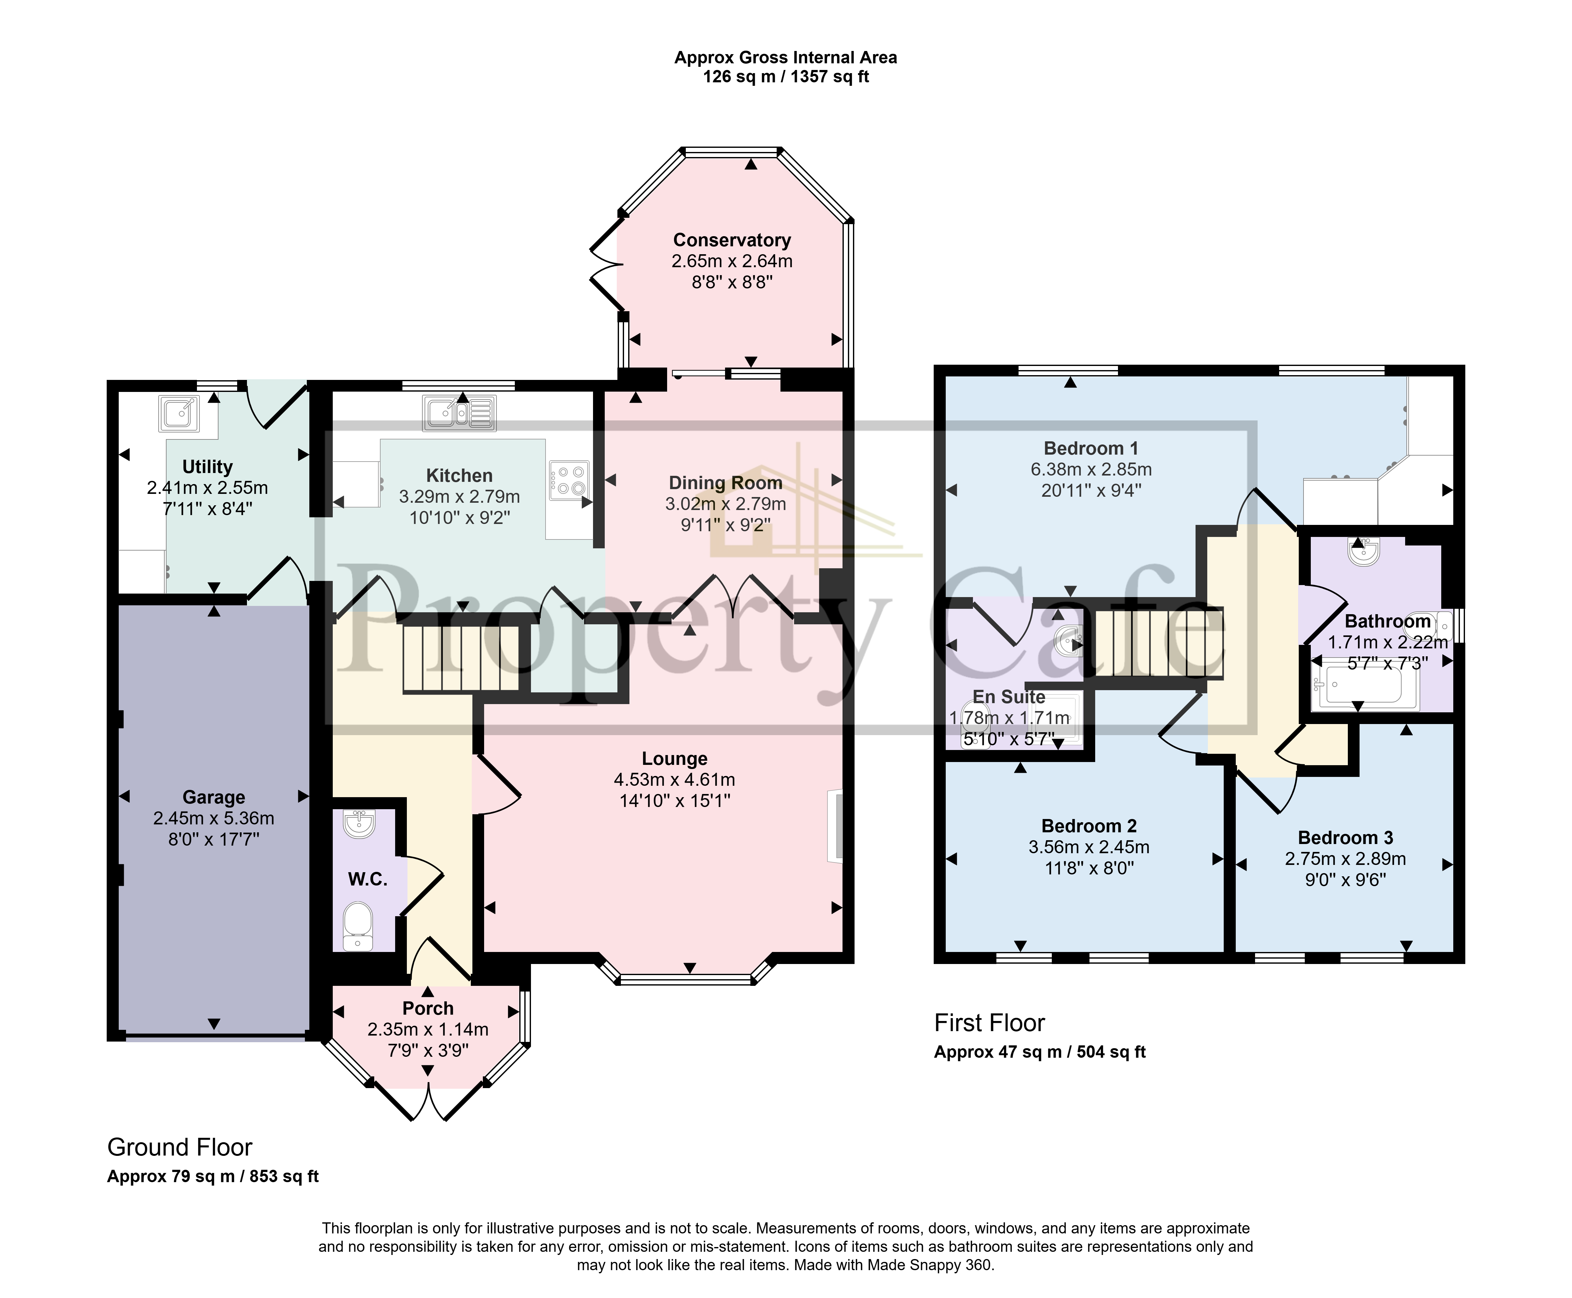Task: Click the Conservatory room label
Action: tap(731, 240)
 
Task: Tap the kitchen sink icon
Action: tap(458, 413)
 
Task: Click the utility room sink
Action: tap(178, 413)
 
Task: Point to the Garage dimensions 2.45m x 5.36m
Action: tap(213, 818)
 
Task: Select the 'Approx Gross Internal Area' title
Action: tap(785, 58)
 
